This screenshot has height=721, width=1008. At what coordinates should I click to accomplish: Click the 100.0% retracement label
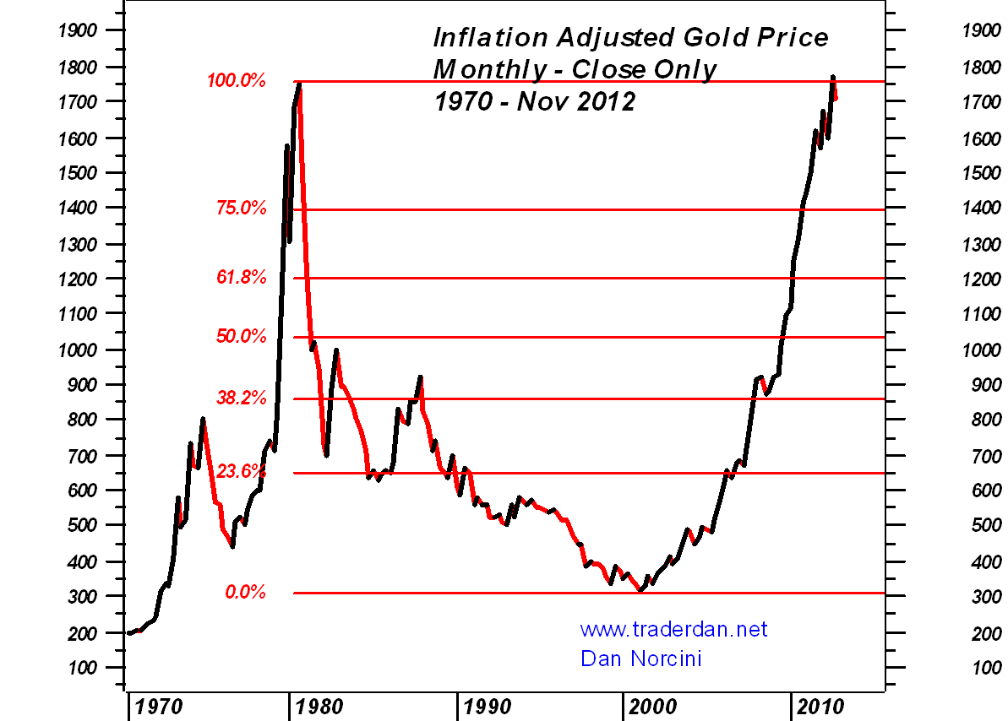coord(237,82)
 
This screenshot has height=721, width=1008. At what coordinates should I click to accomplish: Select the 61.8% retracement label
coord(241,278)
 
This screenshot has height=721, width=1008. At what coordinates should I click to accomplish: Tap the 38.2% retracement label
coord(241,398)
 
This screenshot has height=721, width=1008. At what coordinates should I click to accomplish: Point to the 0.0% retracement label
coord(245,593)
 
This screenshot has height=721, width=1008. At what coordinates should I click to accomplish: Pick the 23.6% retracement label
coord(241,472)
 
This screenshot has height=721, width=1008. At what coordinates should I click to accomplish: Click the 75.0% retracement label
coord(241,208)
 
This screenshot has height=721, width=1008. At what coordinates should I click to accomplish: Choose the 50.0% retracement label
coord(241,338)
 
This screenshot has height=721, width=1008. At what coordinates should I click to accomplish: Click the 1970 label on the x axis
coord(159,704)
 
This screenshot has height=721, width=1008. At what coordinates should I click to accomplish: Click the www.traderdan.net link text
coord(673,630)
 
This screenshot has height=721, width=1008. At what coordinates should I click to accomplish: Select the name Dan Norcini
coord(640,658)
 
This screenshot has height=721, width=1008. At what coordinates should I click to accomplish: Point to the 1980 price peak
coord(299,84)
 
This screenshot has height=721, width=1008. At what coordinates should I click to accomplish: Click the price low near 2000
coord(640,590)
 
